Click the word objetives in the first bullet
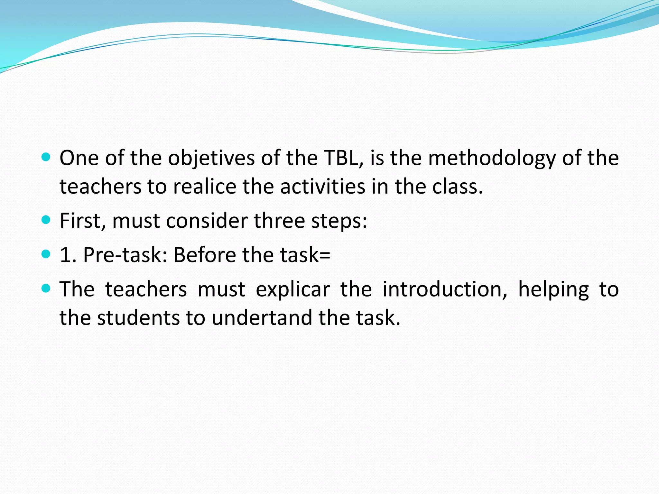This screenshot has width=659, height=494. [211, 158]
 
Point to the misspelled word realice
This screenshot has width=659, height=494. [205, 187]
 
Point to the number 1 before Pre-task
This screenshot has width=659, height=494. [66, 255]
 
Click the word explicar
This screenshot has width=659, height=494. [293, 289]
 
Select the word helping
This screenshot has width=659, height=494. [553, 289]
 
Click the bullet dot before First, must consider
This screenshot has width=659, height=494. [46, 220]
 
